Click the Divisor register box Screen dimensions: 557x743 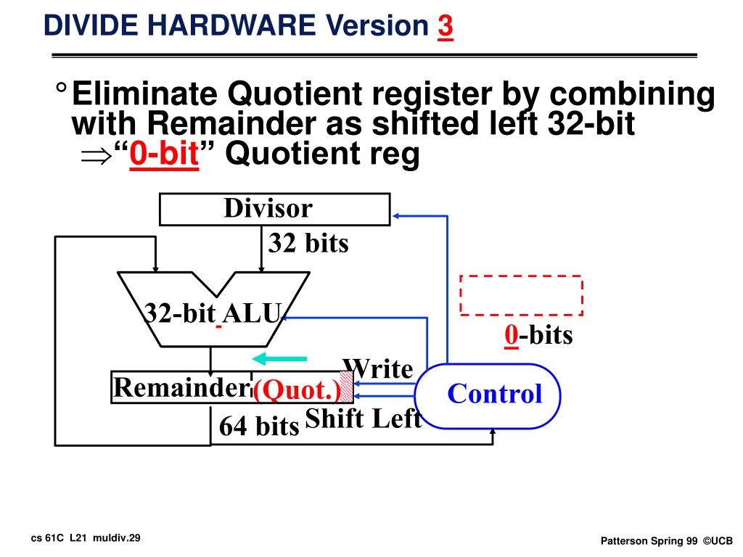[x=274, y=210]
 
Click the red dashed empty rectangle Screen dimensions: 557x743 [x=522, y=295]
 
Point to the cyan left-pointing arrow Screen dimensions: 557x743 [x=279, y=358]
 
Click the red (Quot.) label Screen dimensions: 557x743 [x=297, y=391]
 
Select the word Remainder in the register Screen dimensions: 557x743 [x=181, y=389]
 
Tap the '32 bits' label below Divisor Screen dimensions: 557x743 [x=308, y=244]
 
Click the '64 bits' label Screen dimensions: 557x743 [x=259, y=426]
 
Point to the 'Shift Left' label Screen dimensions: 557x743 [x=363, y=418]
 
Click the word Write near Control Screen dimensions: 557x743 [x=377, y=368]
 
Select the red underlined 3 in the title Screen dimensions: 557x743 [x=445, y=27]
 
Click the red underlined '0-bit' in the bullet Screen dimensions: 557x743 [x=164, y=154]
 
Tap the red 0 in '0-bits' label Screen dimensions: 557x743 [x=512, y=335]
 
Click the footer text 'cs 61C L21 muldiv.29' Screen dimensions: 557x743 [x=86, y=537]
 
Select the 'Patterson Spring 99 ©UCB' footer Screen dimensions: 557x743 [x=667, y=541]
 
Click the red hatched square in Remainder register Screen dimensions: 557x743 [x=346, y=387]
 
